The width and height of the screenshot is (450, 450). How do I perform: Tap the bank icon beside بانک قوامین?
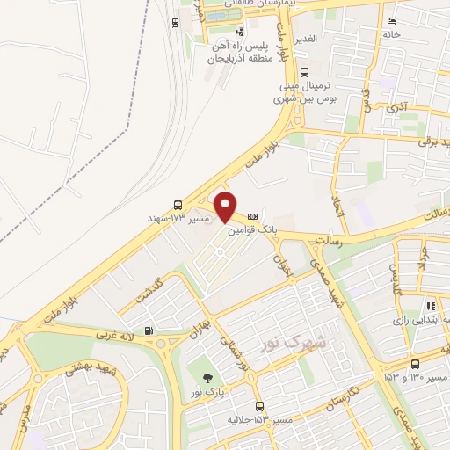click(x=253, y=215)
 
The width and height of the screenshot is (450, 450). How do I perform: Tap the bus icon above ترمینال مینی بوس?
click(x=304, y=73)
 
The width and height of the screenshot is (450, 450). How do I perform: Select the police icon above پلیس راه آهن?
click(x=216, y=33)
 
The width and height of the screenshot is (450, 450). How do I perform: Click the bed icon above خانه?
click(x=391, y=22)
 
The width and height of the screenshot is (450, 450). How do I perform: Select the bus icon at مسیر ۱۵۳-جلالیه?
click(x=258, y=406)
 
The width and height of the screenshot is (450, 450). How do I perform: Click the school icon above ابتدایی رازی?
click(x=431, y=307)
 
